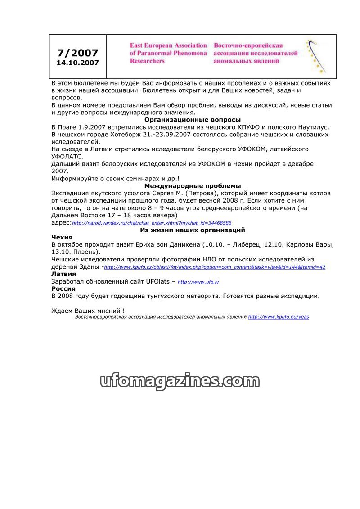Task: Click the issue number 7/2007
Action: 77,53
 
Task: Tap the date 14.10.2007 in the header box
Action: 77,63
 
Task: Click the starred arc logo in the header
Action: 316,56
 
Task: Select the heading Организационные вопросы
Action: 193,120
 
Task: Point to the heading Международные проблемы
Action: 193,185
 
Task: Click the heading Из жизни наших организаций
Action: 193,230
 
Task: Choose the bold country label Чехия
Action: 62,237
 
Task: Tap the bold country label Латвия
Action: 64,274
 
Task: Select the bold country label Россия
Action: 63,288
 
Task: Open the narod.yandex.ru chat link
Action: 152,223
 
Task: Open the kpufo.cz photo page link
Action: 215,267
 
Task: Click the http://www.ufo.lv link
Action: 198,282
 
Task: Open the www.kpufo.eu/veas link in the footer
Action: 278,317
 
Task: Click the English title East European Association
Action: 168,45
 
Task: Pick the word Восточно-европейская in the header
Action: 248,45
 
